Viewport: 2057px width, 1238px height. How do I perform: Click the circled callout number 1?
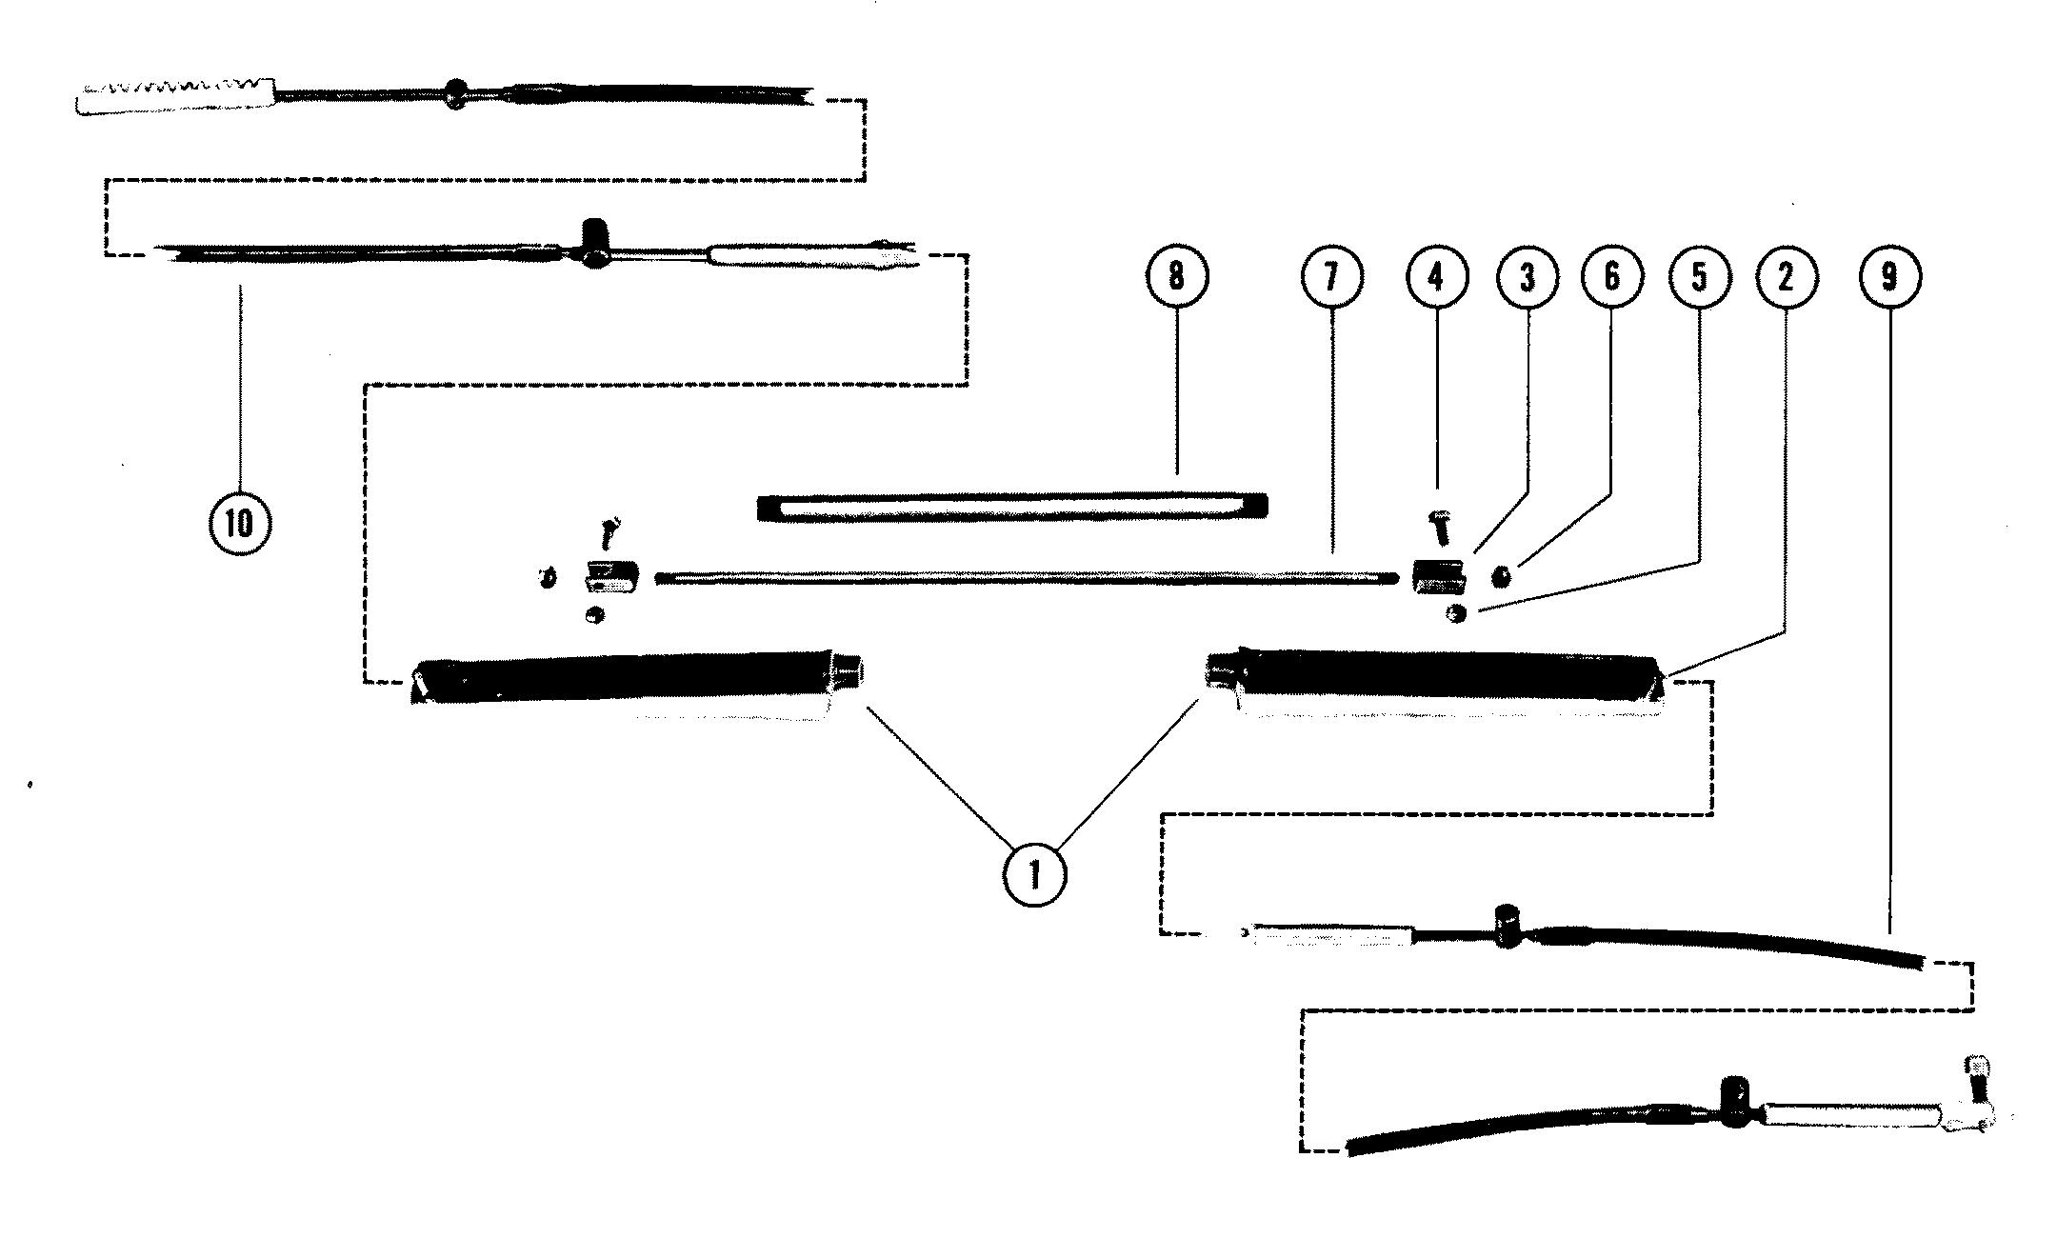[1033, 873]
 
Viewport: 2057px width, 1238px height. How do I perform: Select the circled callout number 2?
[1786, 276]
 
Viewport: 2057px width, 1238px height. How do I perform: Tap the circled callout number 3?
[1528, 276]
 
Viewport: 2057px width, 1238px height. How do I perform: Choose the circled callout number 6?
[1612, 276]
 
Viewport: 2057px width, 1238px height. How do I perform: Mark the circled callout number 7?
[1331, 276]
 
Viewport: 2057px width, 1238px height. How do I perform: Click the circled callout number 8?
[1177, 276]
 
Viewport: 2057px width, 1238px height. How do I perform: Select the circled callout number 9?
[1890, 276]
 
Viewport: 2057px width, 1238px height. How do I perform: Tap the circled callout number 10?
[240, 522]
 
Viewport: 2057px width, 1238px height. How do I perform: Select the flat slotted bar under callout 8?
[1013, 507]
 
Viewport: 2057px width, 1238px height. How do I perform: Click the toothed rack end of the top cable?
[176, 95]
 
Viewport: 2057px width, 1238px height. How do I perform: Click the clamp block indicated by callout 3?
[1436, 577]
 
